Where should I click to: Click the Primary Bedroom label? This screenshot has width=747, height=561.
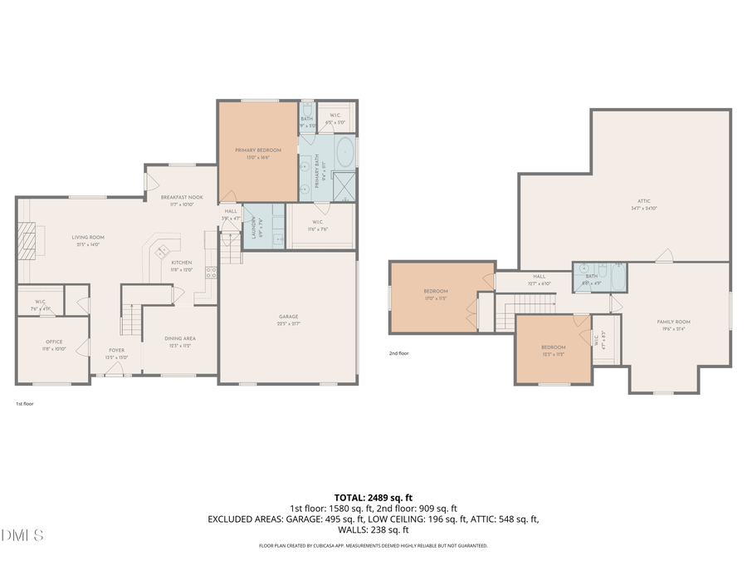pyautogui.click(x=257, y=150)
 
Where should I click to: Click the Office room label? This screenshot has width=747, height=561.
pyautogui.click(x=54, y=342)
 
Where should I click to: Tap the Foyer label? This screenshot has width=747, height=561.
pyautogui.click(x=116, y=350)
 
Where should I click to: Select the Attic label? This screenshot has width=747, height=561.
pyautogui.click(x=644, y=201)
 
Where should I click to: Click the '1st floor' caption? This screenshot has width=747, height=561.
pyautogui.click(x=25, y=404)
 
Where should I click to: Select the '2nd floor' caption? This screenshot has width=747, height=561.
pyautogui.click(x=399, y=353)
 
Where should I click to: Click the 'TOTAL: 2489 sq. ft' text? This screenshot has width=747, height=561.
pyautogui.click(x=373, y=496)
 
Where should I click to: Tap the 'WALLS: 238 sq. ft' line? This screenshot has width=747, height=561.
pyautogui.click(x=373, y=529)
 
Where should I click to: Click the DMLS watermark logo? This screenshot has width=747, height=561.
pyautogui.click(x=22, y=534)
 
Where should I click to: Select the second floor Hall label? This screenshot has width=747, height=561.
pyautogui.click(x=539, y=276)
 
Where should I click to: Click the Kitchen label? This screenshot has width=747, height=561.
pyautogui.click(x=181, y=262)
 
